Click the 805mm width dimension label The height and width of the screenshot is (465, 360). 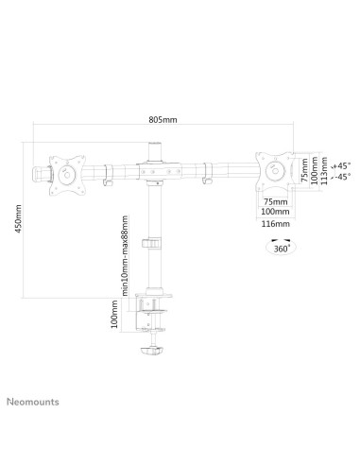click(163, 120)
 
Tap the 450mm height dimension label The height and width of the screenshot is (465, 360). click(18, 218)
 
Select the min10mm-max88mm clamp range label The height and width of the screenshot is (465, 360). click(125, 256)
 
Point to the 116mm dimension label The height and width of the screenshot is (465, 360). click(275, 224)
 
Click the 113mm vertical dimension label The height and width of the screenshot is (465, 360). click(324, 171)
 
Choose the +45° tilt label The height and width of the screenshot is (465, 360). click(342, 165)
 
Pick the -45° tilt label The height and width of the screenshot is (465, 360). click(342, 177)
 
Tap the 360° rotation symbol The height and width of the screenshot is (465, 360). click(281, 247)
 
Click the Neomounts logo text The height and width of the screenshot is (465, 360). click(33, 402)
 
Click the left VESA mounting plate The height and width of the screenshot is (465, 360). click(67, 175)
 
